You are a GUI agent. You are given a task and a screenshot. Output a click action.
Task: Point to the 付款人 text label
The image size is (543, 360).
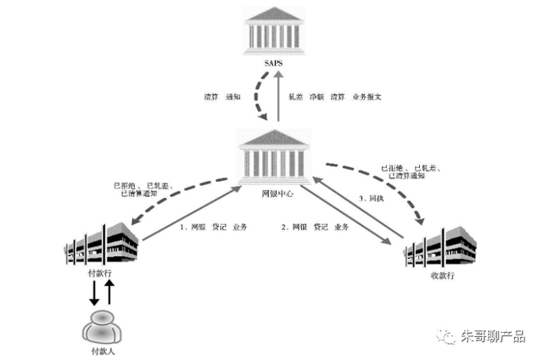[100, 351]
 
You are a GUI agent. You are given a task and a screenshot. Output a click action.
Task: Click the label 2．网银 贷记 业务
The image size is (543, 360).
[315, 228]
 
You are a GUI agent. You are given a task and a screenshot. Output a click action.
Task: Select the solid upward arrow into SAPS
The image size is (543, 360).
[278, 98]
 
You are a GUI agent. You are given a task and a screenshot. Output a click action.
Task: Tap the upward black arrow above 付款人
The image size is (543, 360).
[108, 294]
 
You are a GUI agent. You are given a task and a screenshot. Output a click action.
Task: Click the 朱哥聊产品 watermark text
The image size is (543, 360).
[492, 336]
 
